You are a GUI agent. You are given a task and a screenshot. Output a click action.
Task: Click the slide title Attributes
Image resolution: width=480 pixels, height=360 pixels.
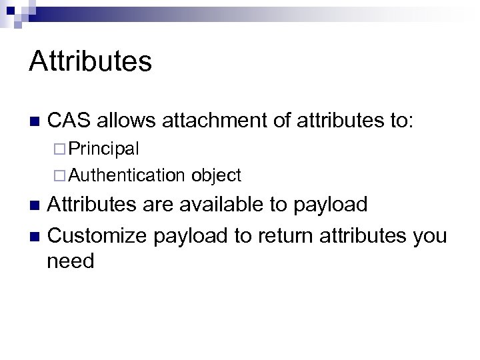(91, 62)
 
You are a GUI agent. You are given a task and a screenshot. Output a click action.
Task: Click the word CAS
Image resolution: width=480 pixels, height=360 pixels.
(69, 120)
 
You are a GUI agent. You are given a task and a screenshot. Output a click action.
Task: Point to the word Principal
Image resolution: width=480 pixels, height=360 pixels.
(103, 147)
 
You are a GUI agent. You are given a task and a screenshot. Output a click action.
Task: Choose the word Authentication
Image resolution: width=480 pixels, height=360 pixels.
(126, 175)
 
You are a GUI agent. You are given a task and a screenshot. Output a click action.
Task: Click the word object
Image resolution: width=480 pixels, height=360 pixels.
(215, 175)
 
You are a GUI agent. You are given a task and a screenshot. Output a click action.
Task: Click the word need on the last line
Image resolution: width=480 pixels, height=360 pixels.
(71, 261)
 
